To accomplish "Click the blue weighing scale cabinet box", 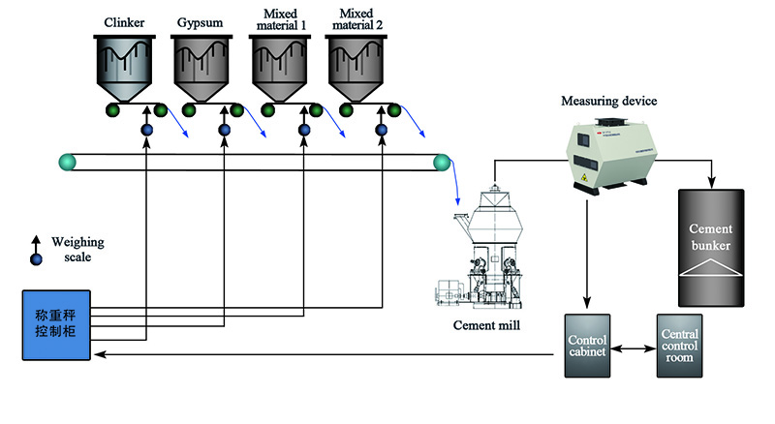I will click(x=56, y=325).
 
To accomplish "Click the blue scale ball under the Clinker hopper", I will click(x=146, y=130).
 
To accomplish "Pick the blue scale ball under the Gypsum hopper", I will click(x=224, y=130).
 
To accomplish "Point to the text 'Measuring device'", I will click(x=609, y=100).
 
